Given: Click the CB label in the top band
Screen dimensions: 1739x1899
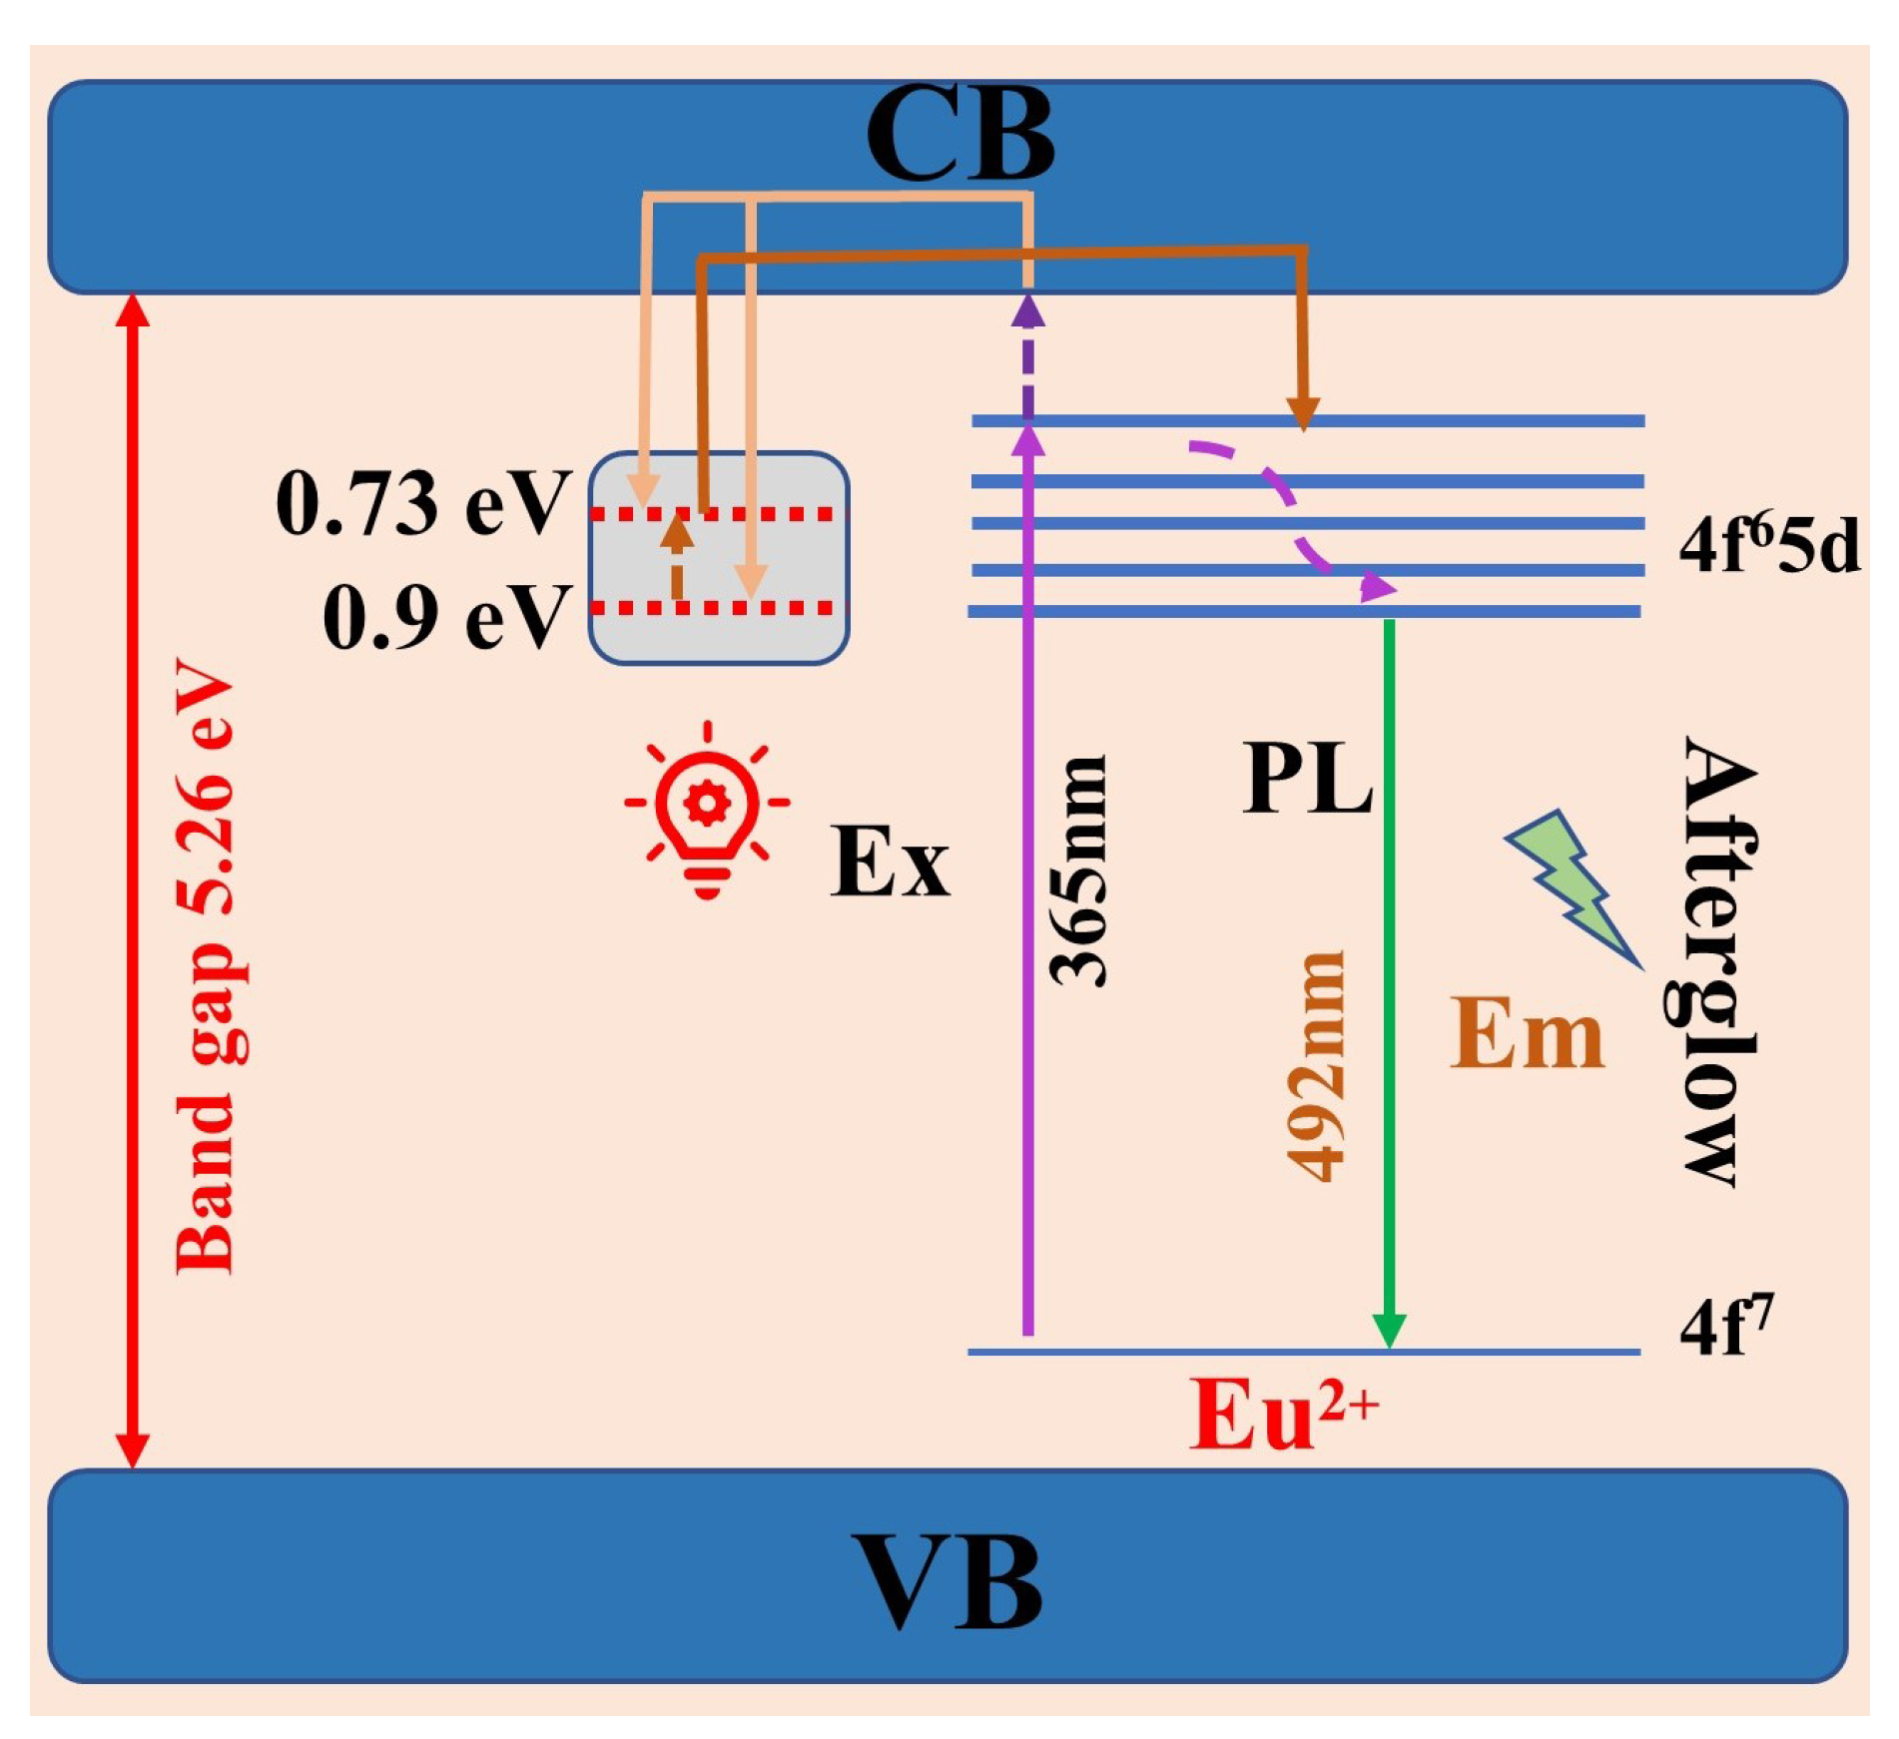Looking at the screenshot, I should click(959, 134).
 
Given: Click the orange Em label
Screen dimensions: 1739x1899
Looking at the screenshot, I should click(1526, 1034).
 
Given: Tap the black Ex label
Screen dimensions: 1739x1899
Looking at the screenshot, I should click(889, 861).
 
